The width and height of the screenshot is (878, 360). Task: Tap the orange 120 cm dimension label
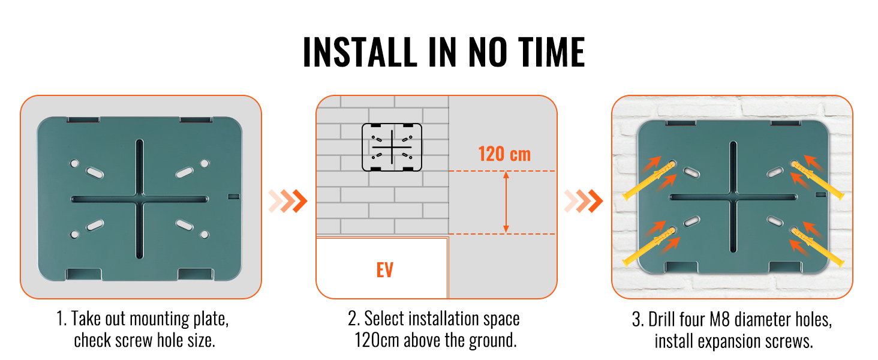(504, 154)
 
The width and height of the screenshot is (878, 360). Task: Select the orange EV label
(384, 270)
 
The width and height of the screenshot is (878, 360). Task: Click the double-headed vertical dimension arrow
(506, 202)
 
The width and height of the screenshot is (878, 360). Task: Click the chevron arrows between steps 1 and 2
(288, 201)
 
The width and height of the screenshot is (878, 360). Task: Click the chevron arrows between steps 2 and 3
(584, 201)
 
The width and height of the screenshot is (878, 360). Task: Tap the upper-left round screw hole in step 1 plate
(74, 164)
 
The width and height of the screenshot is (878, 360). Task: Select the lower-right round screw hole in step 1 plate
(205, 235)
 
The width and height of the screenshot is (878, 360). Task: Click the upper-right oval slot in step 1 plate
(184, 173)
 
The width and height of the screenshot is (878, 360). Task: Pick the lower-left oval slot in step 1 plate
(95, 225)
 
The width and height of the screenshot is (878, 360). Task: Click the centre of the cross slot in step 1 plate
(140, 199)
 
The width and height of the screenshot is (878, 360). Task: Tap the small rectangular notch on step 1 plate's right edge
(234, 196)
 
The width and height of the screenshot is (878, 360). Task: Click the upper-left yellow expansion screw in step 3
(649, 181)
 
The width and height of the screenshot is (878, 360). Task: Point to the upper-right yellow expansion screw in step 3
(817, 181)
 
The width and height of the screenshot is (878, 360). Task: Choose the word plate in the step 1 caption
(211, 319)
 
